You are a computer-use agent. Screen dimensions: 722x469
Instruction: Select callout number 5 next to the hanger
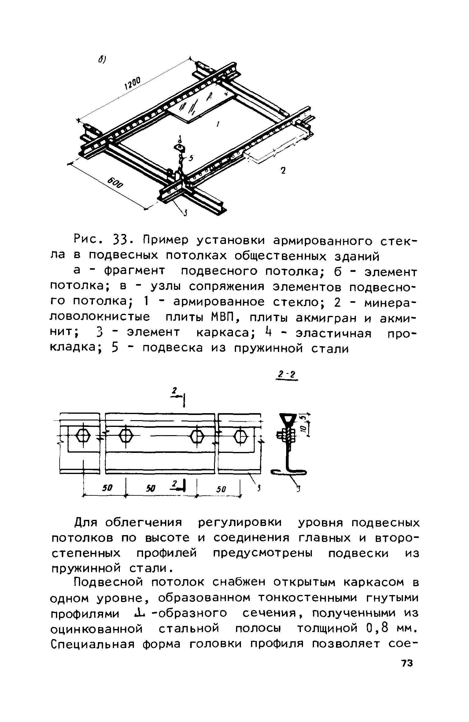(191, 158)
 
